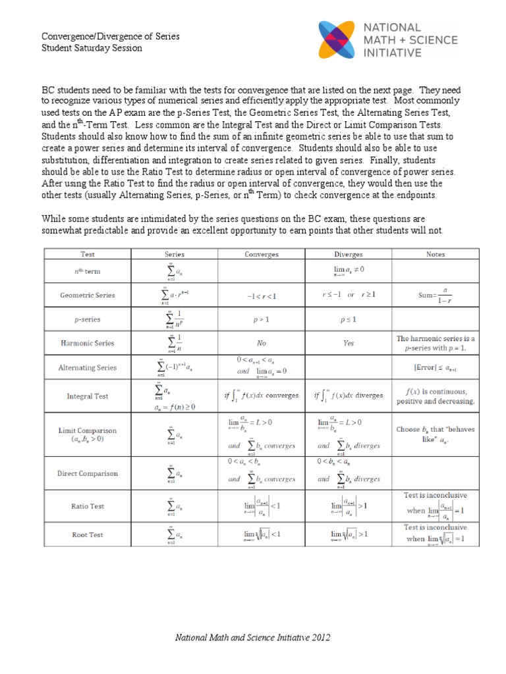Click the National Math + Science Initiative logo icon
340,39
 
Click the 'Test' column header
88,254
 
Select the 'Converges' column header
262,254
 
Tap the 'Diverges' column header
349,254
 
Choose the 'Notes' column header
436,254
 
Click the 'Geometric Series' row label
88,296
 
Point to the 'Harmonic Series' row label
88,343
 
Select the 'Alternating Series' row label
88,368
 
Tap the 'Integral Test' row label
88,396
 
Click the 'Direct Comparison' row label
88,473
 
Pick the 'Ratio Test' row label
88,506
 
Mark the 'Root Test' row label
88,534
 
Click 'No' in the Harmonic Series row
262,343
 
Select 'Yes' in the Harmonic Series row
349,343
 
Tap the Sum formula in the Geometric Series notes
436,296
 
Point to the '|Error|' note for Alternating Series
436,368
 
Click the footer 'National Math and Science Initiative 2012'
252,638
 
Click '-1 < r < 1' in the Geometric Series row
262,296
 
